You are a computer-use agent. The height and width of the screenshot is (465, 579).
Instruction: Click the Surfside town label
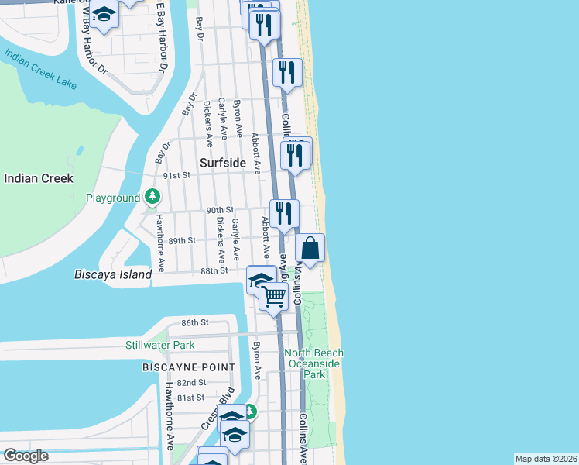(222, 164)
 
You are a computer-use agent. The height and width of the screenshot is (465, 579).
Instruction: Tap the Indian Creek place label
(39, 178)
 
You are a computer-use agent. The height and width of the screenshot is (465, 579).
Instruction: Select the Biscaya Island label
(113, 274)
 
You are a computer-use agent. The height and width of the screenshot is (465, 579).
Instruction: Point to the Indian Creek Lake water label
(40, 69)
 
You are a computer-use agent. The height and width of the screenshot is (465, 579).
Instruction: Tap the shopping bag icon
(310, 249)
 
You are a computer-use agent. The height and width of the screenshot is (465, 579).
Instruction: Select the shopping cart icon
(273, 297)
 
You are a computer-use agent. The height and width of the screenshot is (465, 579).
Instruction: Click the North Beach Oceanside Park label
(314, 363)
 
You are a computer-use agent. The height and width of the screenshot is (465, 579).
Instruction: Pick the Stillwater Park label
(159, 345)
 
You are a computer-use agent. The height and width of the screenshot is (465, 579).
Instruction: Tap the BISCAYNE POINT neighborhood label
(188, 367)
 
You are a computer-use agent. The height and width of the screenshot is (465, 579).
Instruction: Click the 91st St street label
(176, 175)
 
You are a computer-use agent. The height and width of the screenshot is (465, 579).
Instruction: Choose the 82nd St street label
(190, 383)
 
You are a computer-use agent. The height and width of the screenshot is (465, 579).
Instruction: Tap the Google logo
(26, 456)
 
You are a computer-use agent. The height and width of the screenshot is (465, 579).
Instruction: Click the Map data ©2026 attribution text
(546, 459)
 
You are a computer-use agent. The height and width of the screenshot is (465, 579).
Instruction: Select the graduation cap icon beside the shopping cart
(261, 279)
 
